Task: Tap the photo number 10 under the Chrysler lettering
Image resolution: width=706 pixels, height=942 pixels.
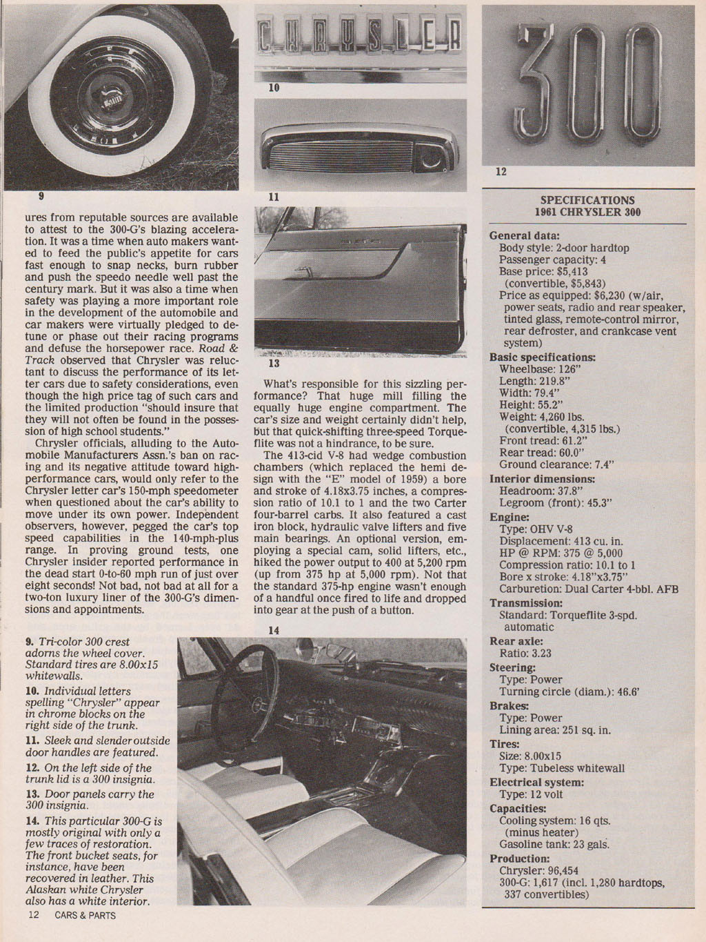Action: coord(274,88)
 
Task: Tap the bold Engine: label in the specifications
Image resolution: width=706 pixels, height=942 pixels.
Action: coord(510,517)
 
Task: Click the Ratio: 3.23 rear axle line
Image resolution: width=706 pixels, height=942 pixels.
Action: coord(525,653)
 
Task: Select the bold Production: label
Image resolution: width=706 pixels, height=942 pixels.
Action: coord(519,858)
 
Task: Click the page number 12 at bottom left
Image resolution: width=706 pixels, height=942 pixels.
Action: coord(34,915)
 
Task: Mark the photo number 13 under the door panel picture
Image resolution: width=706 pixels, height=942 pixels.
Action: coord(274,364)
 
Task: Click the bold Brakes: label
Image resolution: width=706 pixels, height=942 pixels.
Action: coord(510,705)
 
